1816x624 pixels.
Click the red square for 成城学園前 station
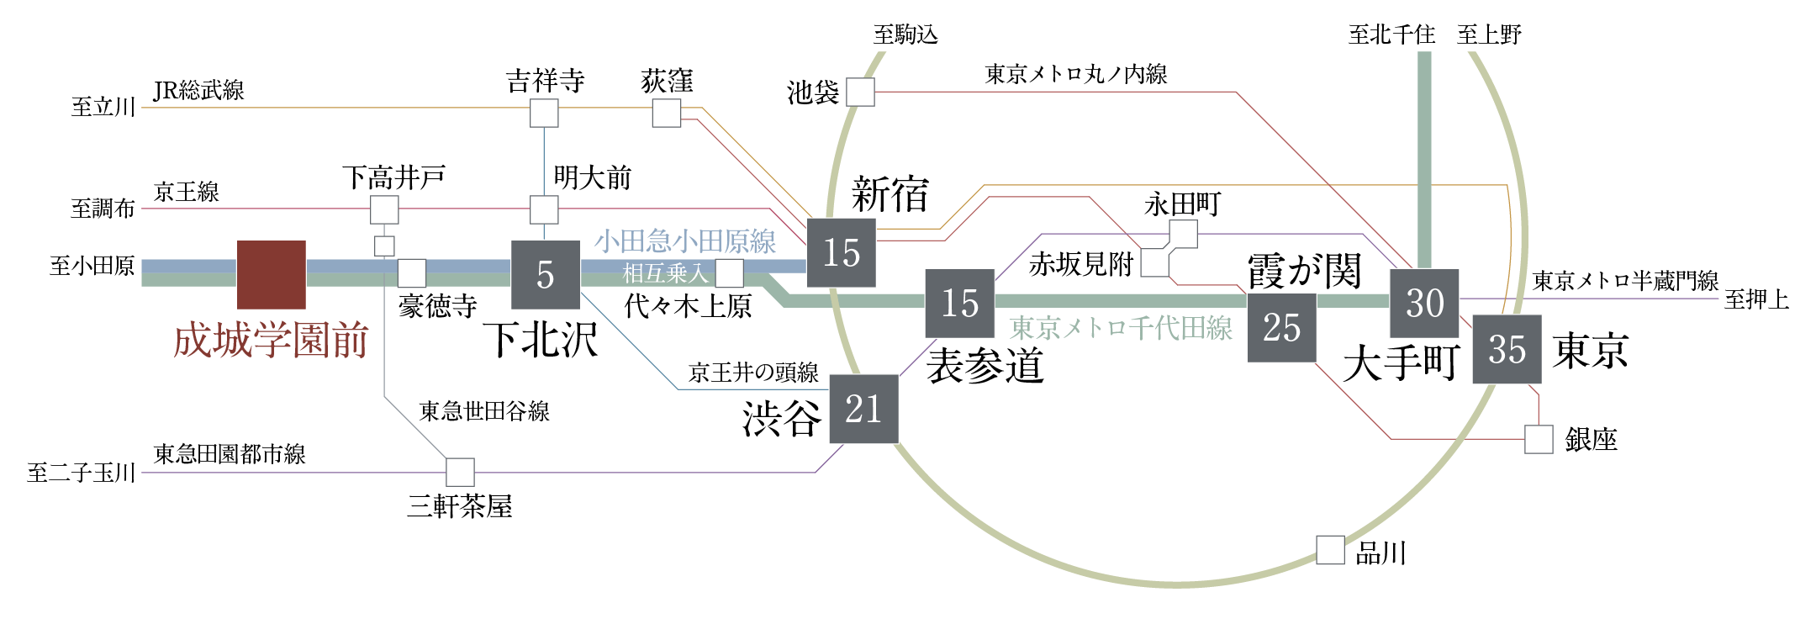(x=271, y=274)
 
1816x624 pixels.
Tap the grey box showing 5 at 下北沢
(x=546, y=274)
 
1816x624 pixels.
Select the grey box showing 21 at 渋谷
(x=863, y=409)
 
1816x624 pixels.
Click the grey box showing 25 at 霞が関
(x=1281, y=327)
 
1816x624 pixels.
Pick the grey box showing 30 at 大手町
(x=1424, y=303)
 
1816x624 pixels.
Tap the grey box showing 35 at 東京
(x=1507, y=349)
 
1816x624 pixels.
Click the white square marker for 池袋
(x=860, y=93)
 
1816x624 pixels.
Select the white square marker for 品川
(x=1330, y=550)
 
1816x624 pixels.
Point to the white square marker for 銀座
(x=1539, y=439)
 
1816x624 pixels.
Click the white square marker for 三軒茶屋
(x=460, y=472)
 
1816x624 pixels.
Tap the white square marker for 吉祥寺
(x=544, y=113)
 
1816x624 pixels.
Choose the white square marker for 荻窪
(x=667, y=113)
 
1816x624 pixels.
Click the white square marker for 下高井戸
(x=384, y=209)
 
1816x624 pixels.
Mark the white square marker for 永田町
(x=1183, y=234)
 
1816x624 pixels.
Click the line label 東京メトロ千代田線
(x=1121, y=328)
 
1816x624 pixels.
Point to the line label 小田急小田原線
(x=685, y=242)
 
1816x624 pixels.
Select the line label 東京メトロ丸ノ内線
(x=1075, y=75)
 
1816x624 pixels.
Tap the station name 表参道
(x=985, y=367)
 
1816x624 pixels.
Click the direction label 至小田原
(x=92, y=267)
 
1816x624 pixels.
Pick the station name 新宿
(x=890, y=195)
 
